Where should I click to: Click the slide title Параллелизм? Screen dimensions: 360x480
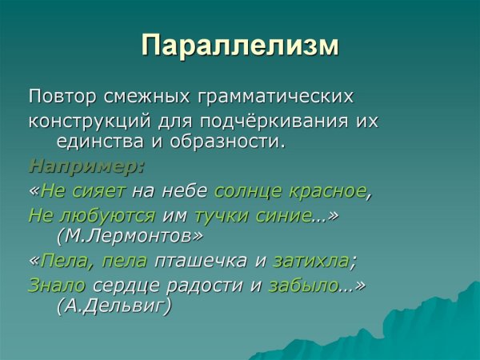coord(240,45)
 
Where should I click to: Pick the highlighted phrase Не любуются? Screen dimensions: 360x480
coord(91,215)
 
